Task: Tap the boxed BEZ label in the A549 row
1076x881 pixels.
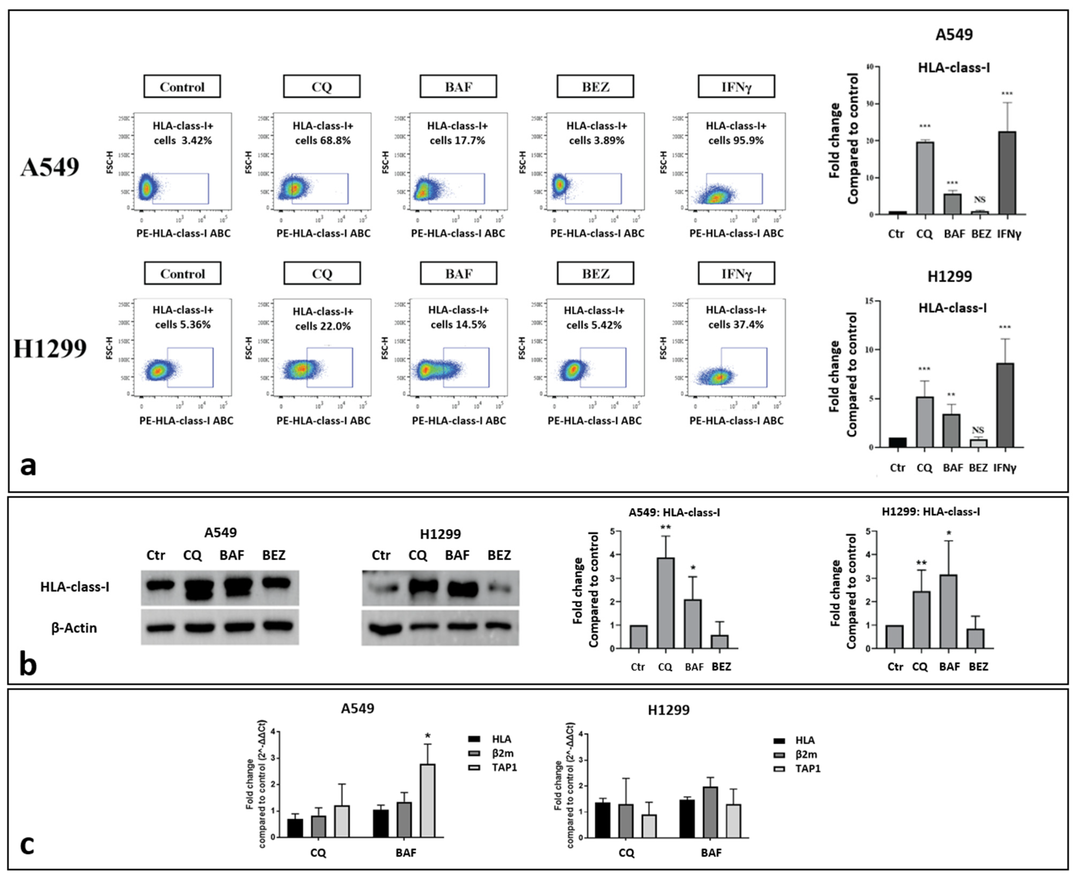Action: click(595, 87)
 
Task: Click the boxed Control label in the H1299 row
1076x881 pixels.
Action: click(183, 274)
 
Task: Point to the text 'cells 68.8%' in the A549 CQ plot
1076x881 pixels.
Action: click(323, 141)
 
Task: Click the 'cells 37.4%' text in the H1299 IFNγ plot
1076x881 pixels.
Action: click(736, 325)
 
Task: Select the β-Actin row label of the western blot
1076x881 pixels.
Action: click(74, 628)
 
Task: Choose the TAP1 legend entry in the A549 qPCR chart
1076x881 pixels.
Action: click(503, 767)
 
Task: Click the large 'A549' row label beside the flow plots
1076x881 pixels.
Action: click(50, 167)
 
